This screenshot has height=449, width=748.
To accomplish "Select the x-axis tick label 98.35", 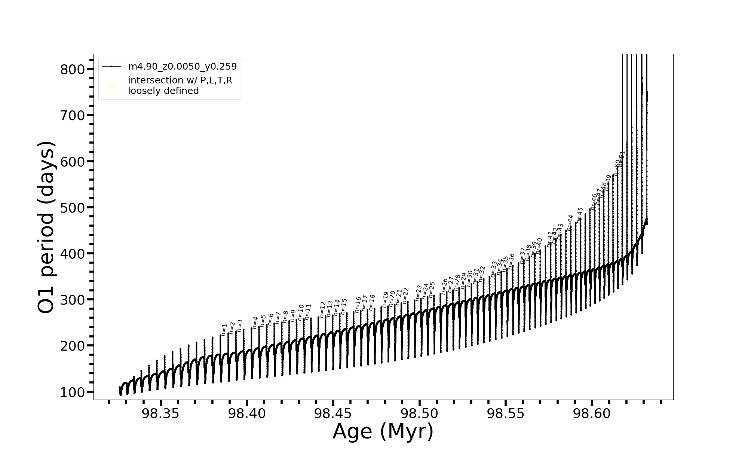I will (x=161, y=413).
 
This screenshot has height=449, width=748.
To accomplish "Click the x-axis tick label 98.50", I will (x=420, y=413).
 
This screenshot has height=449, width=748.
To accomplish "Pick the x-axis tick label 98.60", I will (x=592, y=413).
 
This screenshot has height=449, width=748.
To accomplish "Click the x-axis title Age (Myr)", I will (x=383, y=431).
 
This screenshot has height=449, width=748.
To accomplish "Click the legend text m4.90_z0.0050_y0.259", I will (x=183, y=67).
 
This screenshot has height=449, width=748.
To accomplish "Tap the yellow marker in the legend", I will (x=111, y=87).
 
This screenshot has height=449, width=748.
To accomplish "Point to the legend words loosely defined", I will (x=163, y=91).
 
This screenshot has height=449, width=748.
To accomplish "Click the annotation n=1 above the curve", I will (x=224, y=330).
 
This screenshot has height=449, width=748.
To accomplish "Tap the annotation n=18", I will (x=371, y=302).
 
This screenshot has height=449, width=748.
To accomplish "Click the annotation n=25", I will (x=432, y=290).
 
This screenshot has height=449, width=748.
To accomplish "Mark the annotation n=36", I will (x=511, y=261).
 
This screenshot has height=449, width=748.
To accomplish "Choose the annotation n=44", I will (x=570, y=222).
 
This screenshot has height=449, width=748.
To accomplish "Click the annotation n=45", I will (x=580, y=215).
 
